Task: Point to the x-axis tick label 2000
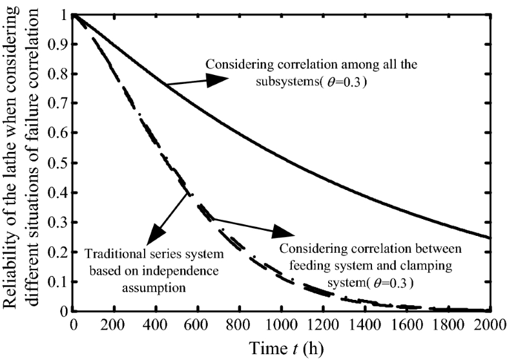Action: point(486,324)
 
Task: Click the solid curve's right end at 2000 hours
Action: point(486,237)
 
